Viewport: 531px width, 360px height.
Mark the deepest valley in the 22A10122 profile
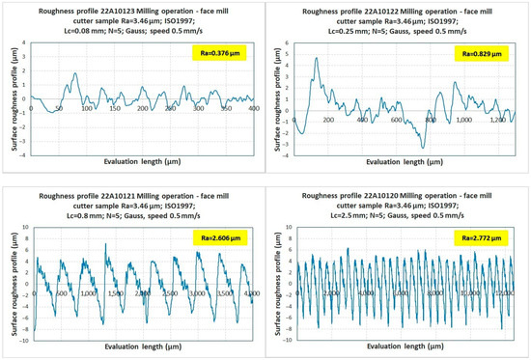pyautogui.click(x=423, y=146)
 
